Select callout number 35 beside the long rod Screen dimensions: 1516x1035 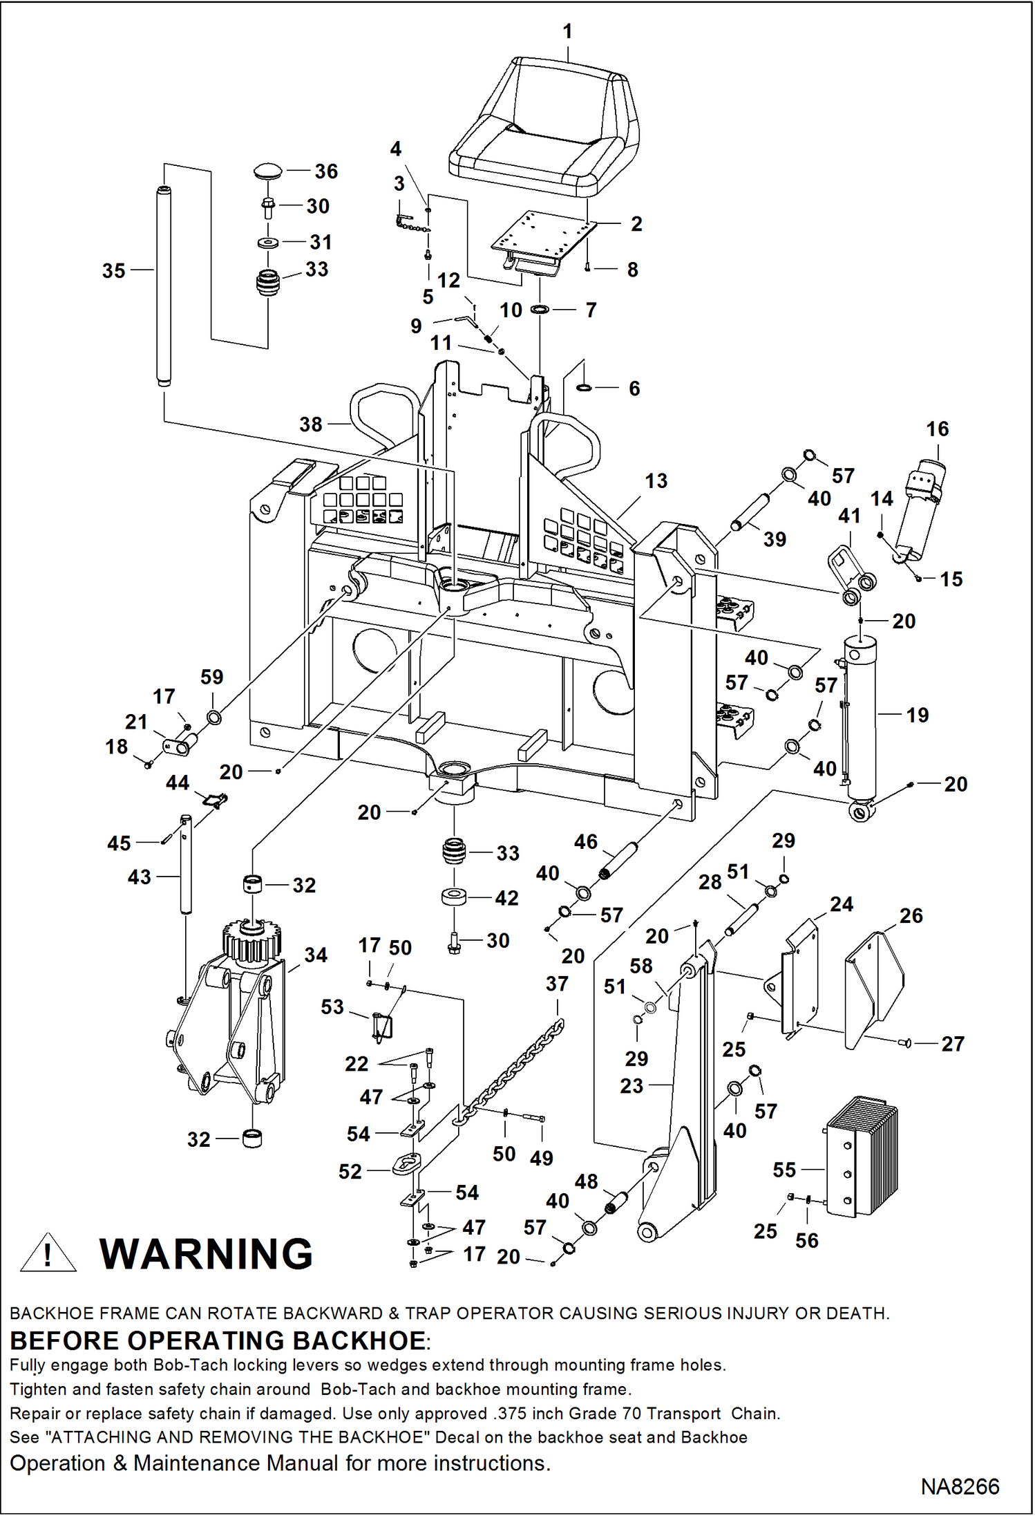coord(113,271)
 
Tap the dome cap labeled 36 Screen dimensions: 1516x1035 coord(269,171)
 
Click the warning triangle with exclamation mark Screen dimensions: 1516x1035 coord(48,1254)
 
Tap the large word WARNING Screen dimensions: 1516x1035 coord(206,1254)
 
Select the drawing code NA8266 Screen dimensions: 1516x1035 coord(960,1486)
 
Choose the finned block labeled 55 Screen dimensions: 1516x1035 coord(862,1158)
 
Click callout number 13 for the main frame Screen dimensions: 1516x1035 coord(656,481)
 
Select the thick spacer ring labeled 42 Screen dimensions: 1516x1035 coord(453,897)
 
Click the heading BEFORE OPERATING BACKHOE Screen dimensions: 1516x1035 coord(218,1341)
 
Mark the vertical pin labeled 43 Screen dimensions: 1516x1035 coord(186,864)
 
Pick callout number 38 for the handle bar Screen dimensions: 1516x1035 coord(310,424)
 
